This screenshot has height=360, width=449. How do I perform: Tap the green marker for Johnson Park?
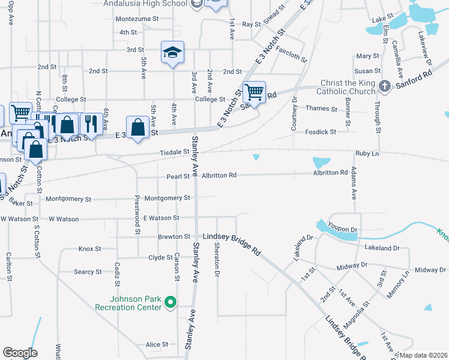[x=170, y=302]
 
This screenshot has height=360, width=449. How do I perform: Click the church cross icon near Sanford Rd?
[x=385, y=87]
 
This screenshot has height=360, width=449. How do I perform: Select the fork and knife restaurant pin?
[x=91, y=124]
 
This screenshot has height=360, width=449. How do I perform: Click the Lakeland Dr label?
[x=381, y=247]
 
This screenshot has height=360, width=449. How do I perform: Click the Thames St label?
[x=321, y=109]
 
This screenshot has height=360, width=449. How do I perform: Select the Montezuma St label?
[x=137, y=19]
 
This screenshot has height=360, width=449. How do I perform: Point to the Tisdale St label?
[x=174, y=153]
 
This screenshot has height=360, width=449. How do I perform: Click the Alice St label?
[x=157, y=344]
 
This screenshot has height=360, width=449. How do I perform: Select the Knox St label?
[x=89, y=248]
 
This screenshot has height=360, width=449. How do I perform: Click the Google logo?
[x=20, y=353]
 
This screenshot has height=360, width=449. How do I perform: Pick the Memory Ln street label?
[x=399, y=282]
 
